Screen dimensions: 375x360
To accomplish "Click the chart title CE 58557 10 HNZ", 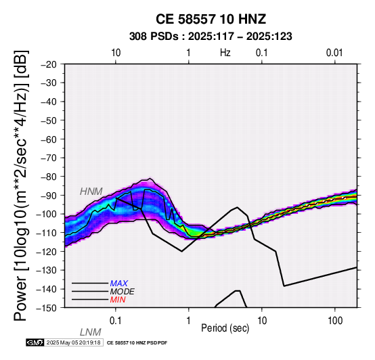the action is [x=211, y=19].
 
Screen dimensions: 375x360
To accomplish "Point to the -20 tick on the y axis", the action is [x=49, y=64].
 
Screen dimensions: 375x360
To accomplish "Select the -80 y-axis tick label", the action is [x=49, y=177].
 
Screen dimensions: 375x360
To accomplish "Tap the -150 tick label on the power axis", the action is [x=47, y=308].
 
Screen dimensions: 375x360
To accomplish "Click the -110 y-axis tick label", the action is [x=47, y=233].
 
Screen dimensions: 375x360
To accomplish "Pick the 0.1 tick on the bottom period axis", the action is [x=116, y=321].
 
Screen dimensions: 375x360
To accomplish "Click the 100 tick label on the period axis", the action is [x=335, y=321].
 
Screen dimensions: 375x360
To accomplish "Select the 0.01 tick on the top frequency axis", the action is [x=334, y=53].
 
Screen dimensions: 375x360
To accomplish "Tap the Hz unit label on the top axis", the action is [x=225, y=53].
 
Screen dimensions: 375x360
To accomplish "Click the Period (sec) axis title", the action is [x=225, y=328].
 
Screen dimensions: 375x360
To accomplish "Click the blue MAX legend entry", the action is [x=119, y=284].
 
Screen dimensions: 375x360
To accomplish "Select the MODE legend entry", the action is [x=123, y=292].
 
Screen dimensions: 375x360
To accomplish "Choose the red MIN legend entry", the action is [x=118, y=300].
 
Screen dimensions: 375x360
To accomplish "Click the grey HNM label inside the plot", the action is [x=91, y=192].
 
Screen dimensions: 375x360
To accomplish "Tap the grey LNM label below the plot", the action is [x=91, y=332].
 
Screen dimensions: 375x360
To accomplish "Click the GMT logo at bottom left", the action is [x=35, y=343].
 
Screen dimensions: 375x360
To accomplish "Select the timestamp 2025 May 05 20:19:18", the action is [x=73, y=343].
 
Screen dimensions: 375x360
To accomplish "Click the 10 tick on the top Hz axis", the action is [x=116, y=53].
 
